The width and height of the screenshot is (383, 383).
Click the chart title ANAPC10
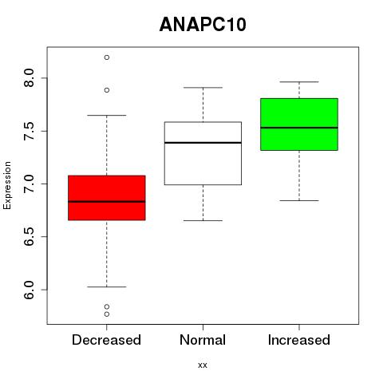pos(203,25)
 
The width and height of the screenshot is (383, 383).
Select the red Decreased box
pos(107,198)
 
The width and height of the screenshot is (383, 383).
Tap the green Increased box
pos(299,124)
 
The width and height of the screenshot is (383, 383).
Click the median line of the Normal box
pos(203,143)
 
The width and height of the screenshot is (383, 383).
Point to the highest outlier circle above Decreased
pos(107,57)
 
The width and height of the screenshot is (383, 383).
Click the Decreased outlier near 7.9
pos(107,90)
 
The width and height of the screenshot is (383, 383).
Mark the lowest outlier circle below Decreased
pos(107,314)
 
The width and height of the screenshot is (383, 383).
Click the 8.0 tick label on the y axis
pos(29,78)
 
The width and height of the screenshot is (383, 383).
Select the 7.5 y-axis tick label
pos(29,131)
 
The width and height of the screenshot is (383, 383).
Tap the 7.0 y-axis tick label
pos(29,184)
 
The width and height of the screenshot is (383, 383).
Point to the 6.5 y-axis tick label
pos(29,237)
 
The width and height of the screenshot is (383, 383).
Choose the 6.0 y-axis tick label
pos(29,290)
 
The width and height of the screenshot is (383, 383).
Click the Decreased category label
pos(106,340)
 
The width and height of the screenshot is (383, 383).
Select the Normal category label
pos(203,340)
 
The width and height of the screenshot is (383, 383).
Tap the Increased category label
pos(299,340)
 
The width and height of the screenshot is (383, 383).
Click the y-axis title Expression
pos(7,185)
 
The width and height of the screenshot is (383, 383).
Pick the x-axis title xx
pos(203,365)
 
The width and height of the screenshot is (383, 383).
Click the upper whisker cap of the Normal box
pos(203,88)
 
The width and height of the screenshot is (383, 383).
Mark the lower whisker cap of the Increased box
pos(299,200)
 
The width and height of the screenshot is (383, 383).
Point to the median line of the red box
pos(107,202)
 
